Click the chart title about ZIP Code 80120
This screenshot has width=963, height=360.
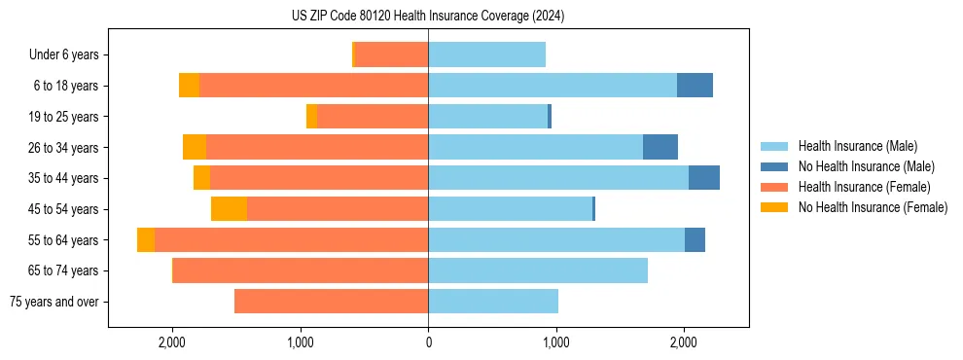[428, 17]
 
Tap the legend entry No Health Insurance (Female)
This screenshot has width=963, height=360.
[872, 207]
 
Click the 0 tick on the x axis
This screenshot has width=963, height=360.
[428, 342]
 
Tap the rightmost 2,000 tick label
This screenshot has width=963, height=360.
[684, 342]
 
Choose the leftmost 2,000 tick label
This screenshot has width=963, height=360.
[172, 342]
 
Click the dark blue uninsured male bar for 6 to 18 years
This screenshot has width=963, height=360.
[695, 86]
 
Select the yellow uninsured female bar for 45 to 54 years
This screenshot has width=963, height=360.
[229, 209]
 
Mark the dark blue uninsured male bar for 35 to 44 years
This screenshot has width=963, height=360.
[704, 178]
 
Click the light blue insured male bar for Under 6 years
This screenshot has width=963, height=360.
[486, 54]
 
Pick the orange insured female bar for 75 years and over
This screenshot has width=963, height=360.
[331, 302]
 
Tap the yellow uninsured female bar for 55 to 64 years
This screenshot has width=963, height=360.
[146, 240]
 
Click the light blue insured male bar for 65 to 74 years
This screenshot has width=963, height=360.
[538, 270]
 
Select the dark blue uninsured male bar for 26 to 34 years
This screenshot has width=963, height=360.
[660, 147]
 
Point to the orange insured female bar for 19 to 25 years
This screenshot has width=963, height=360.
[373, 117]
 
